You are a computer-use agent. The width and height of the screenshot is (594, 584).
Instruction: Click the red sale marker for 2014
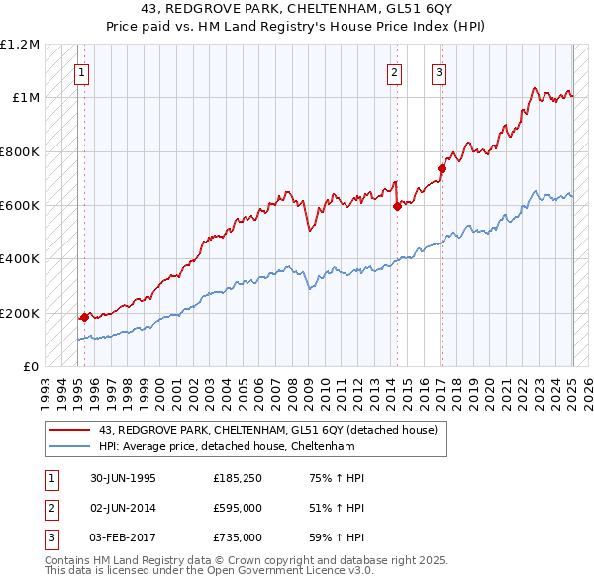(397, 207)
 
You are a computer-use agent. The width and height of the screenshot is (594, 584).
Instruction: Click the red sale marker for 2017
(442, 168)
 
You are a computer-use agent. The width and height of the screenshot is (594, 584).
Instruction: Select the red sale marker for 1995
(84, 317)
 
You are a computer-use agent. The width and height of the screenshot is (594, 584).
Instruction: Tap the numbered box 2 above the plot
(394, 71)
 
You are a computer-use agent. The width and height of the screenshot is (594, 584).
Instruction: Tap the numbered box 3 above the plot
(439, 71)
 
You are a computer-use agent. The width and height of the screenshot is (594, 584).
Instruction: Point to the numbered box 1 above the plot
(81, 71)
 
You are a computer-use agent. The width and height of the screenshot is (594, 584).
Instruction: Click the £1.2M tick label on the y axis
(20, 45)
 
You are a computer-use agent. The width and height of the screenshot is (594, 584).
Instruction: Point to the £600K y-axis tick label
(20, 206)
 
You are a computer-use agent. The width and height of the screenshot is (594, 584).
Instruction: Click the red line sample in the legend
(69, 430)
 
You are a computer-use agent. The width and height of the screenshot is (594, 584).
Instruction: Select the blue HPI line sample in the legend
(69, 446)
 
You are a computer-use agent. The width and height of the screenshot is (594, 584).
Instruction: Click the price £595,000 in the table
(238, 508)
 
